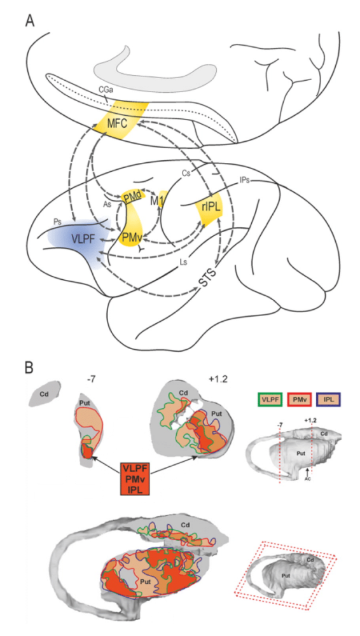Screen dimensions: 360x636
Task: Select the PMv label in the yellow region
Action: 131,235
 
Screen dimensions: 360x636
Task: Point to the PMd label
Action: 132,197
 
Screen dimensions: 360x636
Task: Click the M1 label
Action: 156,200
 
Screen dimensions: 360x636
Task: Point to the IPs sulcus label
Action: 244,180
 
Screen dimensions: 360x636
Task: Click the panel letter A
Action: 30,21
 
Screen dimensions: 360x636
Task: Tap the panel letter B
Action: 30,368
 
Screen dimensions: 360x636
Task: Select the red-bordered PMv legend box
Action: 300,399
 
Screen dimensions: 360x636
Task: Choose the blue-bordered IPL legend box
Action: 328,399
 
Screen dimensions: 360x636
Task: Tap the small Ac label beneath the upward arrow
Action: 308,479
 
